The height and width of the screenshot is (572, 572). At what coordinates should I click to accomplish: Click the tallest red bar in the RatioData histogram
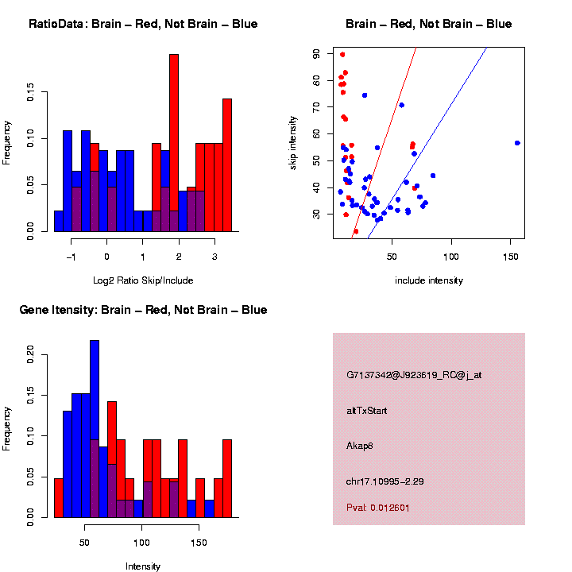(x=174, y=143)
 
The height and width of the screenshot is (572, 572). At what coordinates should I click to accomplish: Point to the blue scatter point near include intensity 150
(x=517, y=143)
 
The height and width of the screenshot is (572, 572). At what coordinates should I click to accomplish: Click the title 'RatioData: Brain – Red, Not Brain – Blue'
(x=143, y=24)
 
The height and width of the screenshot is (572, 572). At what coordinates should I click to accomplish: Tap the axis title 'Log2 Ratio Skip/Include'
(x=143, y=280)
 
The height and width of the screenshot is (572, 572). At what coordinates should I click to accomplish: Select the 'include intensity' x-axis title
(x=429, y=280)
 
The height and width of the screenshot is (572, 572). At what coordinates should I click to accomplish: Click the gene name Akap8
(x=360, y=446)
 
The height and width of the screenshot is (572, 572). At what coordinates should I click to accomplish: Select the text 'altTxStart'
(x=366, y=411)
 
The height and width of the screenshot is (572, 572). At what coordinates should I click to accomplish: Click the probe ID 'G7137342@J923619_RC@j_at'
(x=414, y=375)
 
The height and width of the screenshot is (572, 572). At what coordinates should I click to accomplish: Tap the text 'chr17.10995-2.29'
(x=387, y=481)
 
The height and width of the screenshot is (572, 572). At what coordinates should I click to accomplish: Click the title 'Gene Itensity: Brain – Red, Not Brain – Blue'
(x=143, y=310)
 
